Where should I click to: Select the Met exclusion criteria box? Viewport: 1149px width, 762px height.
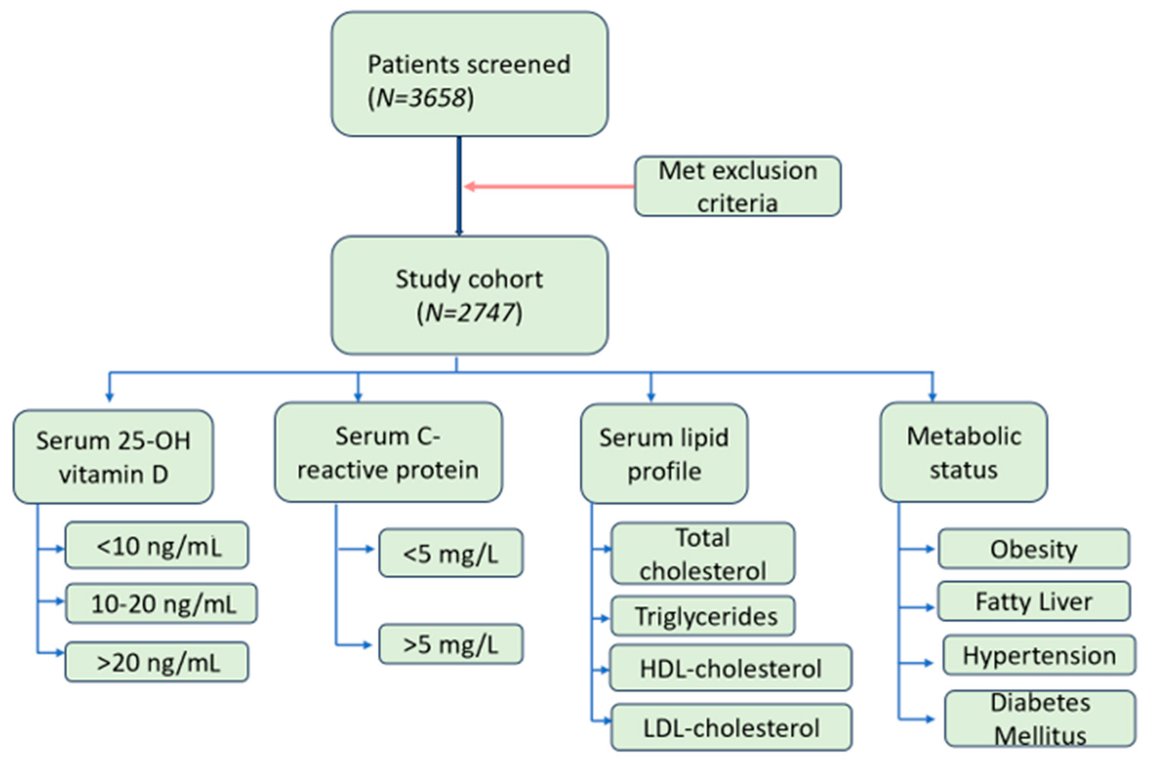[737, 186]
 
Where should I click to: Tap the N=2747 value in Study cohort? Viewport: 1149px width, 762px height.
[470, 313]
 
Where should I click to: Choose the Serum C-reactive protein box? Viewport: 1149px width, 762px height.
[388, 452]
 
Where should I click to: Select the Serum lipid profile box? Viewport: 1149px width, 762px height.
[664, 454]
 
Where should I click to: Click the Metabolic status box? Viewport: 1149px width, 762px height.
[963, 452]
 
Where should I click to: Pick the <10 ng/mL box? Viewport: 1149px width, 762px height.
[157, 546]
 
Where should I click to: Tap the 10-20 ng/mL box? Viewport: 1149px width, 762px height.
[161, 604]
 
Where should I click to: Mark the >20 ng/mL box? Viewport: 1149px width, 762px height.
[157, 662]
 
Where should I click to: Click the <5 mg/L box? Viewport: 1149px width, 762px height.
[451, 553]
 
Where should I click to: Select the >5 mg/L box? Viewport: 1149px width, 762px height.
[451, 645]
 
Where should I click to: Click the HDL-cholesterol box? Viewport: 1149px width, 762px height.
[730, 669]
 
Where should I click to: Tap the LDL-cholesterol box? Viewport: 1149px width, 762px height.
[731, 728]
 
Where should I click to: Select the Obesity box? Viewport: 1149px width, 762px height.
[1034, 549]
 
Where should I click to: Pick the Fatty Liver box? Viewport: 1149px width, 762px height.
[1034, 602]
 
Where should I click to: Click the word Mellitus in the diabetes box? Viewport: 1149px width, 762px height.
[1040, 736]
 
